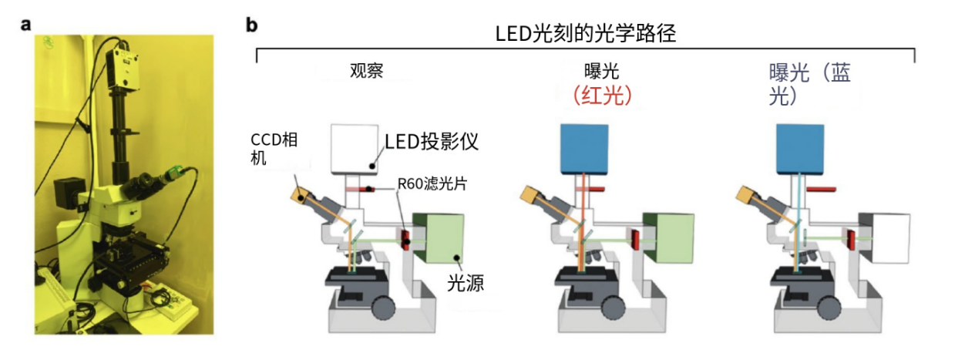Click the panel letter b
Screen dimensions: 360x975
[252, 25]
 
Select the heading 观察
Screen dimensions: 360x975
[366, 72]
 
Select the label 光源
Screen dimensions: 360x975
[465, 283]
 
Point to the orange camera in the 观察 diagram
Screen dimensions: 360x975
[301, 191]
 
